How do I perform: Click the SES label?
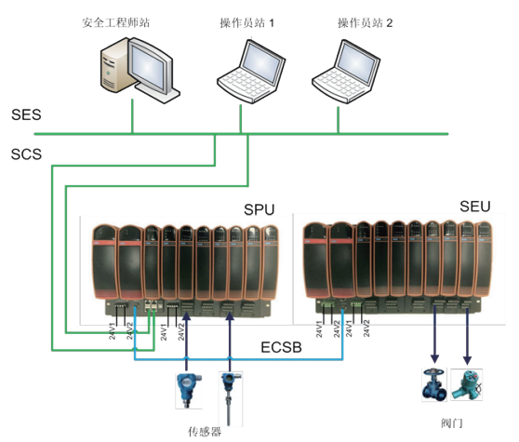26,114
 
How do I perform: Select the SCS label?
26,154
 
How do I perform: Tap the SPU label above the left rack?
259,209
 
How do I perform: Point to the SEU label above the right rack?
475,207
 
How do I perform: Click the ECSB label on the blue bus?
281,347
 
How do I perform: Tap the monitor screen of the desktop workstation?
148,67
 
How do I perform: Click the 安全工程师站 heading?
116,23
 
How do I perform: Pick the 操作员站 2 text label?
366,23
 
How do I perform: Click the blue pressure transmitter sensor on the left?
189,390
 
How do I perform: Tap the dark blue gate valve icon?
434,384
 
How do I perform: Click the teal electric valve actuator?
467,384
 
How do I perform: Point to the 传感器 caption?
205,432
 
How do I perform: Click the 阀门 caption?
451,422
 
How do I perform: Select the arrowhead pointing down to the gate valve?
434,359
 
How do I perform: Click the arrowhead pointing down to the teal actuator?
467,360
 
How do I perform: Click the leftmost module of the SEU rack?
316,260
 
